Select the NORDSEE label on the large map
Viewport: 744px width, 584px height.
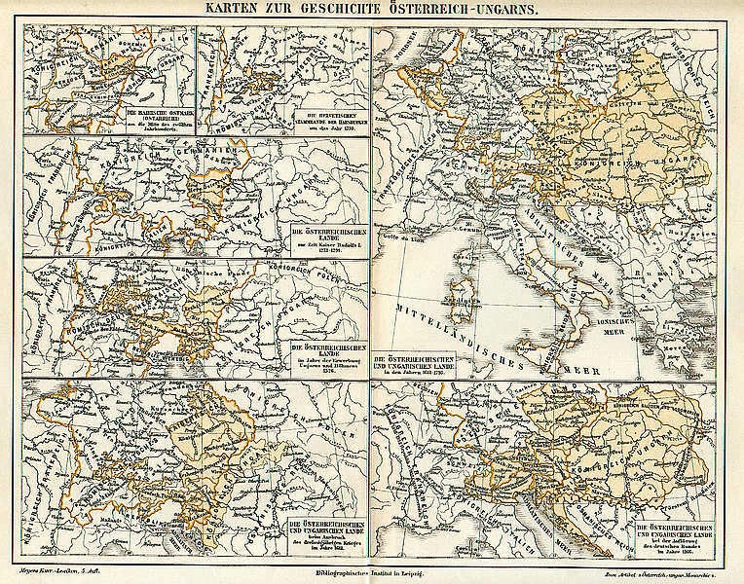[x=401, y=44]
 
